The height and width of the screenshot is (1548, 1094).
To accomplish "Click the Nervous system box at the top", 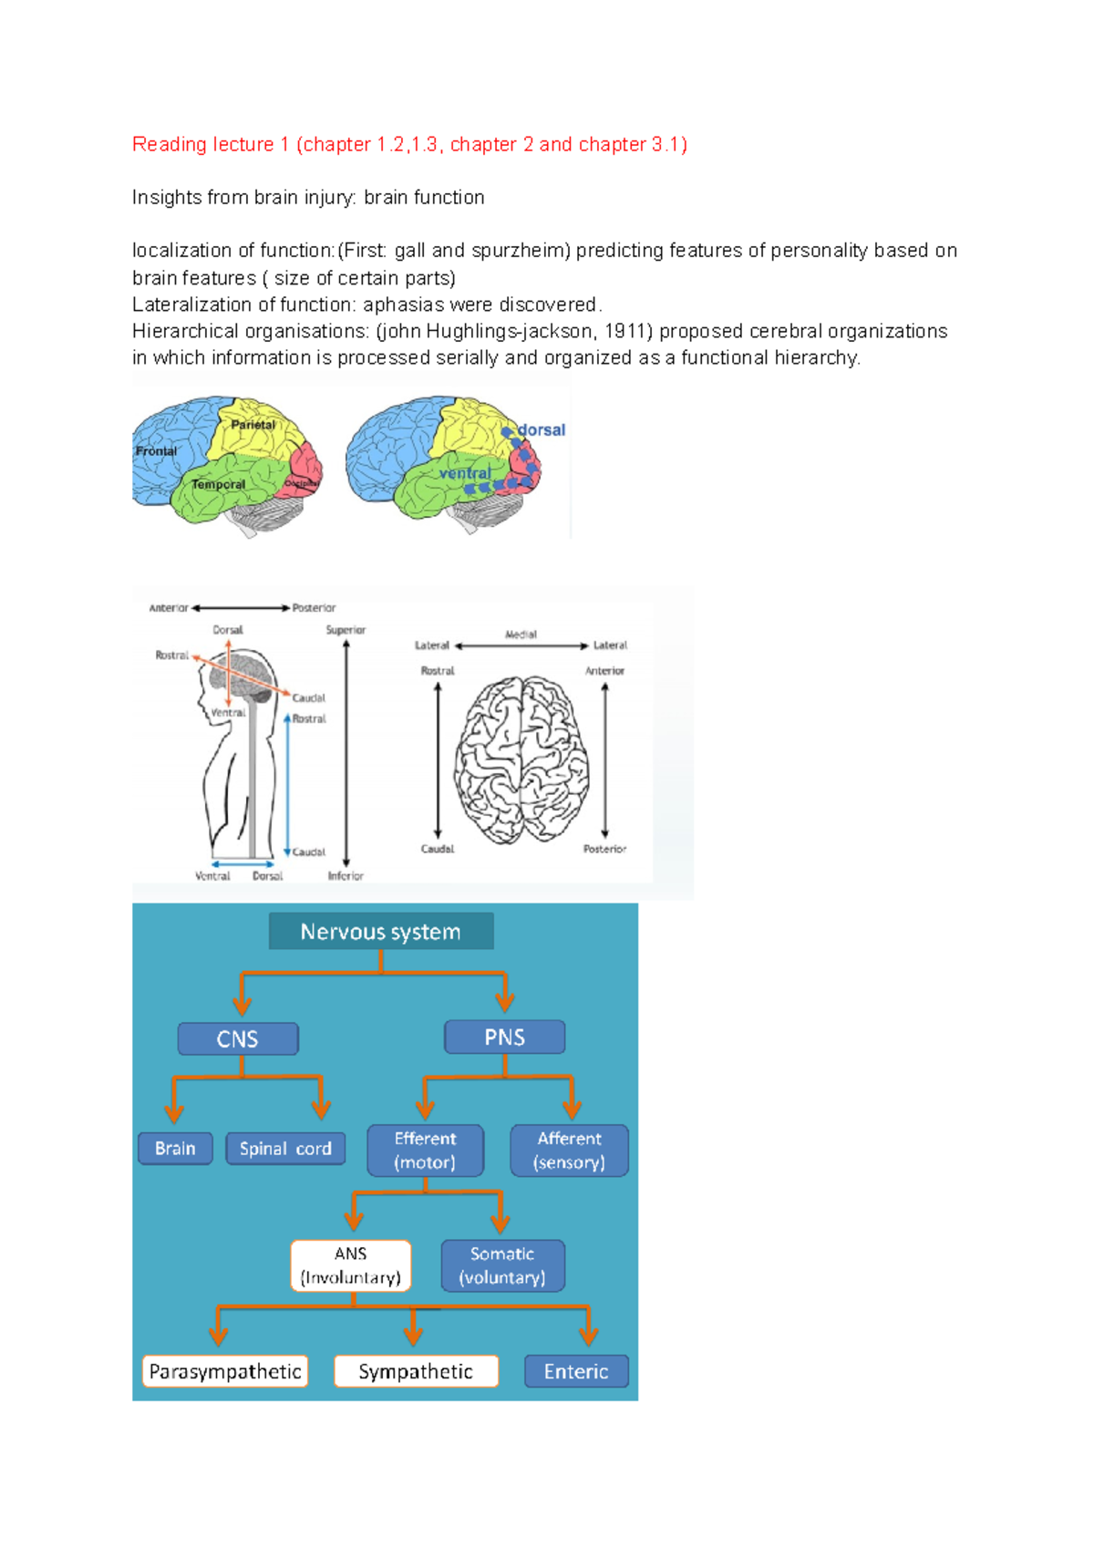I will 381,932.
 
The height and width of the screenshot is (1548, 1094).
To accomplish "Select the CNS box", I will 238,1038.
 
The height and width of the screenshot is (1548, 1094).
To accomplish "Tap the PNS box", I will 504,1037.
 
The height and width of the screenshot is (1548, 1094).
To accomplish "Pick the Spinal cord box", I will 285,1149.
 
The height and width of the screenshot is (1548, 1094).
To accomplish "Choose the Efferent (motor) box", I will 425,1151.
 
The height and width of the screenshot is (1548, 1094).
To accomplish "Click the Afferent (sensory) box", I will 569,1151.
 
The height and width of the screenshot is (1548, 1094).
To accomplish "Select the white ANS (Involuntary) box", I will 351,1265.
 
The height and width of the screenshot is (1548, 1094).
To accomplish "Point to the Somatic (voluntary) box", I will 502,1265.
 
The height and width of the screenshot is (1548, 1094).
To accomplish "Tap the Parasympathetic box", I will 225,1371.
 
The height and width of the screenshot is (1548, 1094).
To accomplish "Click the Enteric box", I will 576,1371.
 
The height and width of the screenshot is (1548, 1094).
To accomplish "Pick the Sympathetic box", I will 416,1371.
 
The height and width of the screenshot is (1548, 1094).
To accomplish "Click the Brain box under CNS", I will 175,1149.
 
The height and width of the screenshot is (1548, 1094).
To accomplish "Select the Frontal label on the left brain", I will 156,451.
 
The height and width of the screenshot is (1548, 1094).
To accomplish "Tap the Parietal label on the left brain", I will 253,425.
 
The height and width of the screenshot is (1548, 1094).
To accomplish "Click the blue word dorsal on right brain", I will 542,430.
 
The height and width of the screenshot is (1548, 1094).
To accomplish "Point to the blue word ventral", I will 465,473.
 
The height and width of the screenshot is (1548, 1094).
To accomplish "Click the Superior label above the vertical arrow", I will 346,630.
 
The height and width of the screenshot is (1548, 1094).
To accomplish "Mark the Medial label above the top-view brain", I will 521,635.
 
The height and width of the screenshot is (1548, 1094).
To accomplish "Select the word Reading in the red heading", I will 169,144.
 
